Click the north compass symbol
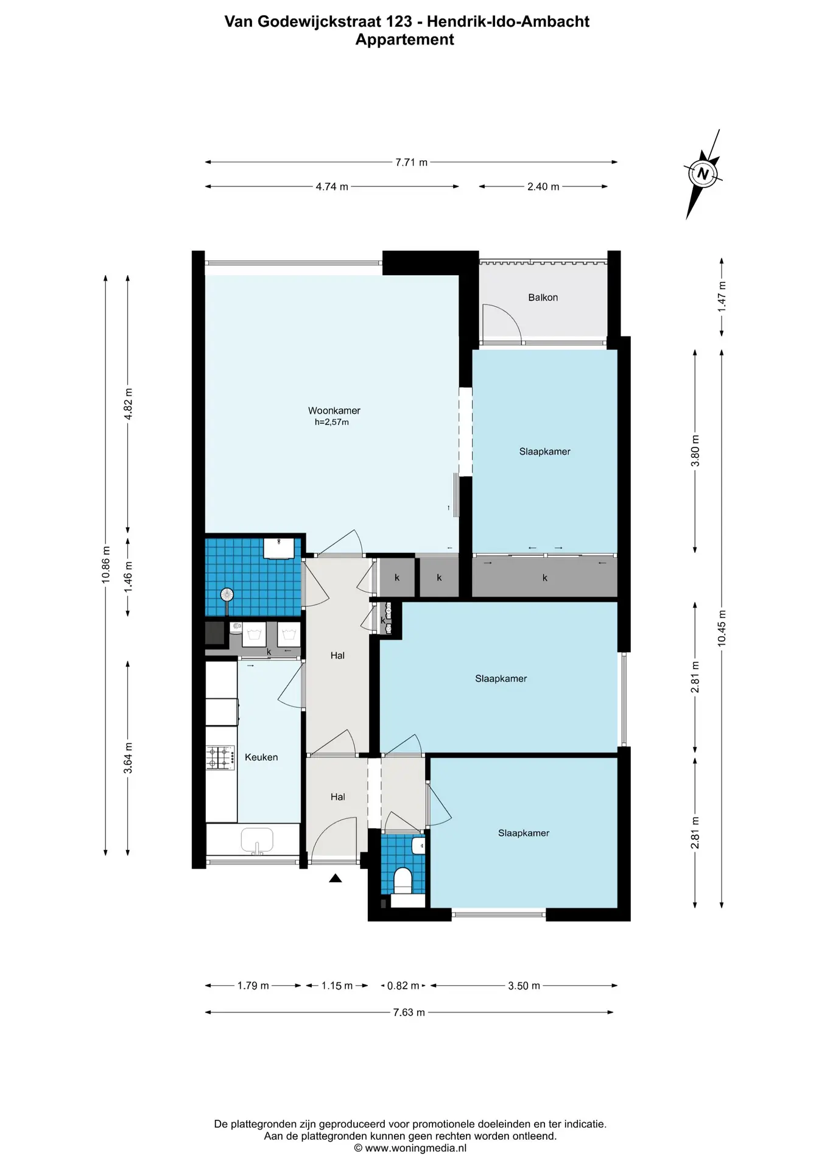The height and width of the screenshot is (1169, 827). pyautogui.click(x=703, y=174)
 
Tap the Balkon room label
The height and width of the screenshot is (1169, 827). pyautogui.click(x=543, y=298)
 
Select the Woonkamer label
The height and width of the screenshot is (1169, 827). pyautogui.click(x=334, y=411)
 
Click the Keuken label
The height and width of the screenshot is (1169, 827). pyautogui.click(x=261, y=757)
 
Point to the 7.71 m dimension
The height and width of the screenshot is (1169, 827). pyautogui.click(x=412, y=163)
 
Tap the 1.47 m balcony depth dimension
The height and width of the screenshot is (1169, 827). pyautogui.click(x=722, y=297)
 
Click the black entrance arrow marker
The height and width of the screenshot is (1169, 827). pyautogui.click(x=335, y=878)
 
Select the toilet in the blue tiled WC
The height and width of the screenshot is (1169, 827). pyautogui.click(x=403, y=881)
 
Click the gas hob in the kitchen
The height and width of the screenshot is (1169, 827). pyautogui.click(x=221, y=757)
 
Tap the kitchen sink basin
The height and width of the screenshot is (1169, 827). pyautogui.click(x=258, y=841)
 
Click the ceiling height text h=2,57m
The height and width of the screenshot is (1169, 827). pyautogui.click(x=332, y=423)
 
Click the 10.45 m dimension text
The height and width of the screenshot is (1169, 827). pyautogui.click(x=722, y=628)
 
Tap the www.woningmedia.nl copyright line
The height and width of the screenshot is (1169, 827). pyautogui.click(x=410, y=1148)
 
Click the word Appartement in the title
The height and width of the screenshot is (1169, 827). pyautogui.click(x=405, y=40)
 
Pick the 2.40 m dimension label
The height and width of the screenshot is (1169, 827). pyautogui.click(x=543, y=187)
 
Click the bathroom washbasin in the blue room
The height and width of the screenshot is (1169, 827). pyautogui.click(x=280, y=547)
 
